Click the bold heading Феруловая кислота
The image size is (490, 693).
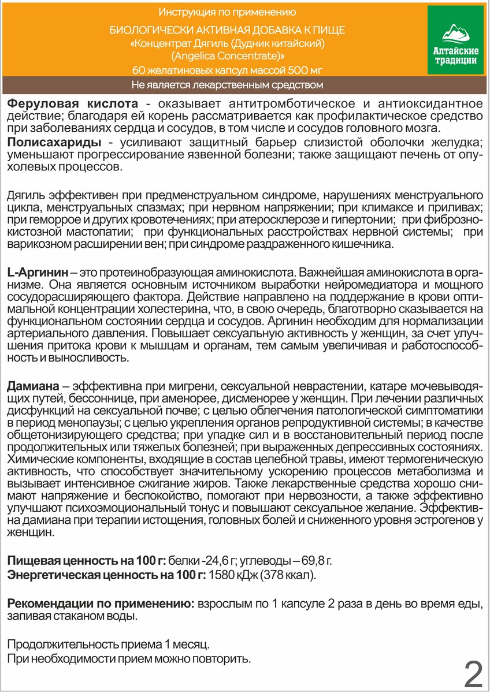72,104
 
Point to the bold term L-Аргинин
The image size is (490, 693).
38,271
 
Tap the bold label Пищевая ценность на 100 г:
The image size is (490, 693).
86,560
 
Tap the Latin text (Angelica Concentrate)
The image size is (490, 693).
228,57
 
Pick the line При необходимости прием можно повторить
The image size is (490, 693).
129,658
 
